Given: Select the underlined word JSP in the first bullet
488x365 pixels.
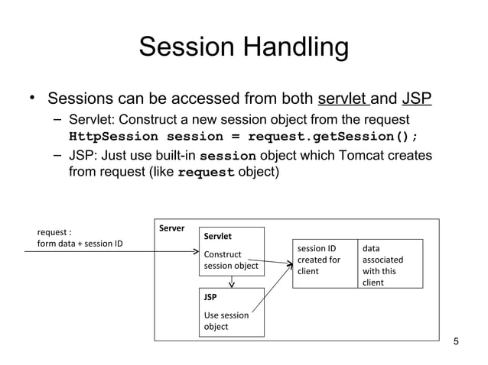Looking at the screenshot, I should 417,99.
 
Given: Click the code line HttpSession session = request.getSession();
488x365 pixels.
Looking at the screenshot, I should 243,137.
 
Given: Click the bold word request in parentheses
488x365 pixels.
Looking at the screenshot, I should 206,173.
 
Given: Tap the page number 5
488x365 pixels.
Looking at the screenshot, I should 457,341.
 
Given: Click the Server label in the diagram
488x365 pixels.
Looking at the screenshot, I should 171,228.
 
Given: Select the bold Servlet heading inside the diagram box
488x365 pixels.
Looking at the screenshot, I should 217,237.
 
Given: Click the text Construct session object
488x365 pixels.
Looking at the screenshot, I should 230,260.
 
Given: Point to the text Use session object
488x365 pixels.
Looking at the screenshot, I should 226,320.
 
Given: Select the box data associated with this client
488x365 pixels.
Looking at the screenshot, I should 389,265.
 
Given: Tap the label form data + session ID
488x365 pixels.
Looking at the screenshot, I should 80,244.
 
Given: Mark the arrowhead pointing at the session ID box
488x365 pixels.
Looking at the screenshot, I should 290,266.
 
